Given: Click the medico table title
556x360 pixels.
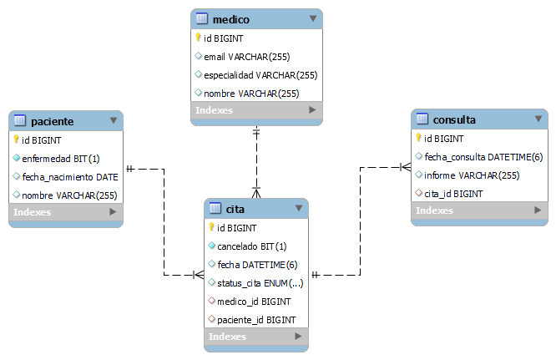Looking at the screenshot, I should [x=231, y=18].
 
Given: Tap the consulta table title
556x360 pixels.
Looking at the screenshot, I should [x=455, y=119].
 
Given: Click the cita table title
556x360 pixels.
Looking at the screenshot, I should [x=235, y=208].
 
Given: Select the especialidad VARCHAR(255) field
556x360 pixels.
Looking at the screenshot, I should [x=260, y=75].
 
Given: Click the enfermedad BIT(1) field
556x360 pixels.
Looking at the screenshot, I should [x=61, y=159].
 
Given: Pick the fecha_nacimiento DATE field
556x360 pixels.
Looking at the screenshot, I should [x=70, y=177].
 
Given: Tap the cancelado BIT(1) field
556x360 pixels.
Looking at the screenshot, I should [x=251, y=246].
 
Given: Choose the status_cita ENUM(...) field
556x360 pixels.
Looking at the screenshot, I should [x=260, y=283].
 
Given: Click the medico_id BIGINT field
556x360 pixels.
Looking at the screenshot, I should [x=254, y=302].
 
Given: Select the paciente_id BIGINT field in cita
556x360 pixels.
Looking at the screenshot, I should [x=256, y=320].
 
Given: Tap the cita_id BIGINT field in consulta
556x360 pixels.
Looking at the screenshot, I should [x=453, y=194].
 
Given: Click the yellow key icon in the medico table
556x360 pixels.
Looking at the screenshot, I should [x=198, y=38].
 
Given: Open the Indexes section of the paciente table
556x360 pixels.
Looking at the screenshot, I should [x=33, y=212].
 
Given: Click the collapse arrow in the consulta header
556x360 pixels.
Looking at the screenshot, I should [x=538, y=119].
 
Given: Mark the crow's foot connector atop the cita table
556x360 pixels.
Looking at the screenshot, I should [x=256, y=191].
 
